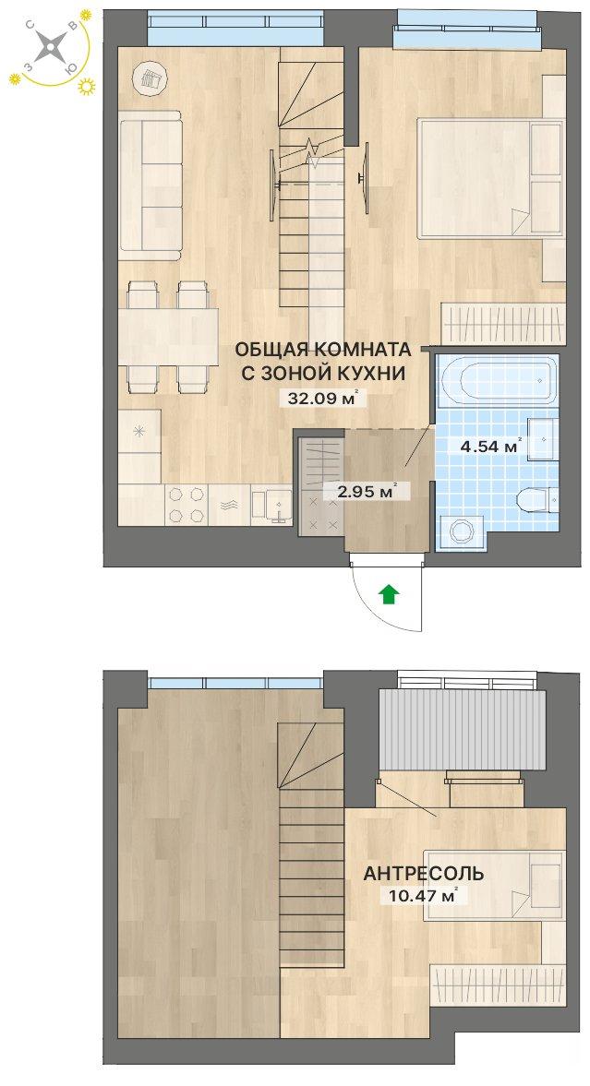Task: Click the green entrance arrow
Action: pyautogui.click(x=391, y=593)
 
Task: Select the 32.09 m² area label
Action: pyautogui.click(x=321, y=399)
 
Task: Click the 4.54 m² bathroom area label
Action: pyautogui.click(x=490, y=447)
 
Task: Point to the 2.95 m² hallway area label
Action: pyautogui.click(x=367, y=492)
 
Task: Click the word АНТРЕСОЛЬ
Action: pyautogui.click(x=424, y=874)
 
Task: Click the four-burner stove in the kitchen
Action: pyautogui.click(x=187, y=504)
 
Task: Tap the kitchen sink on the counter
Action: pyautogui.click(x=271, y=504)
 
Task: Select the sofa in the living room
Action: pyautogui.click(x=151, y=185)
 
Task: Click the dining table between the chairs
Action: pyautogui.click(x=168, y=337)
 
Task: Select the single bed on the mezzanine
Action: pyautogui.click(x=495, y=886)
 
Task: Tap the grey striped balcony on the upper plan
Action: pyautogui.click(x=463, y=728)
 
